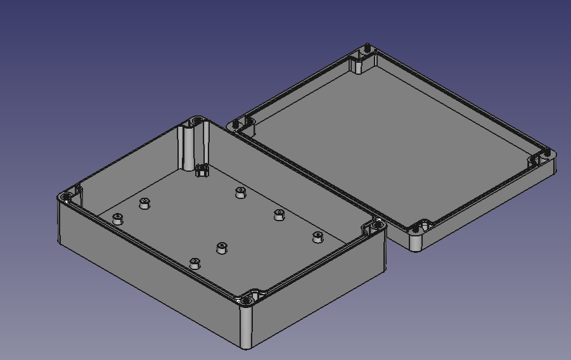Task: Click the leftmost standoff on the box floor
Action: coord(117,219)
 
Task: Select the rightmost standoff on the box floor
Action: coord(318,237)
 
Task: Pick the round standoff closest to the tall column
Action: coord(240,192)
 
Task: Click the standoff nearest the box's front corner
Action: coord(195,263)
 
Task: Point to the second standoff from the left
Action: coord(144,203)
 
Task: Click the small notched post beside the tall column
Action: coord(202,170)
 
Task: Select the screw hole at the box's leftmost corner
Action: coord(66,199)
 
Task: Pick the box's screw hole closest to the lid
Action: coord(378,224)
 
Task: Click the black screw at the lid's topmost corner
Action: coord(368,48)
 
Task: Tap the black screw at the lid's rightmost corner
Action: coord(547,152)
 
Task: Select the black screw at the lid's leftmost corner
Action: coord(236,124)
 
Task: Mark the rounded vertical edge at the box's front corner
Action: coord(246,326)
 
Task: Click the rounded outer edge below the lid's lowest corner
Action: coord(416,244)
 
